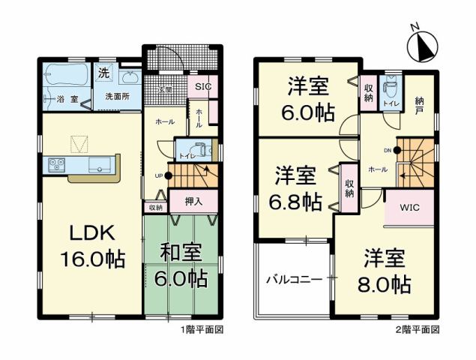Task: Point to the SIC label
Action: click(x=203, y=86)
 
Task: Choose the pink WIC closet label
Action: click(x=409, y=206)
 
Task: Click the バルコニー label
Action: click(x=294, y=279)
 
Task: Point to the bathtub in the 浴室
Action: click(x=66, y=76)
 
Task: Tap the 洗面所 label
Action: click(x=117, y=97)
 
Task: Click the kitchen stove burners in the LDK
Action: click(x=55, y=164)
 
